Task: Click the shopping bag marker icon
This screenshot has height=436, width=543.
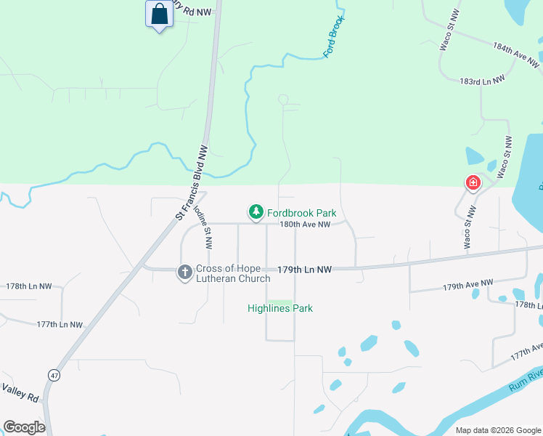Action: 159,15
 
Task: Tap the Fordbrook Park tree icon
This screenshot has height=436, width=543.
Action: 256,211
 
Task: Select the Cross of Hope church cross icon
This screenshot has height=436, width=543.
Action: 185,272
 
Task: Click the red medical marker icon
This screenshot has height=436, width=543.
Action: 473,182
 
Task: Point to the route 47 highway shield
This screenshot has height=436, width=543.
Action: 54,375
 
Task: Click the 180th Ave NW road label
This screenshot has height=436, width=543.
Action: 306,225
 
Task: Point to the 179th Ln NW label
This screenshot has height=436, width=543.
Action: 306,270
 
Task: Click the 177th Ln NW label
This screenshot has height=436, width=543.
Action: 60,324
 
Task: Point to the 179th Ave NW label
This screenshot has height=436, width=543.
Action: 468,285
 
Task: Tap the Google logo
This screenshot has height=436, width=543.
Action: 24,427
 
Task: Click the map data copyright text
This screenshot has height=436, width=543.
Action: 498,430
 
